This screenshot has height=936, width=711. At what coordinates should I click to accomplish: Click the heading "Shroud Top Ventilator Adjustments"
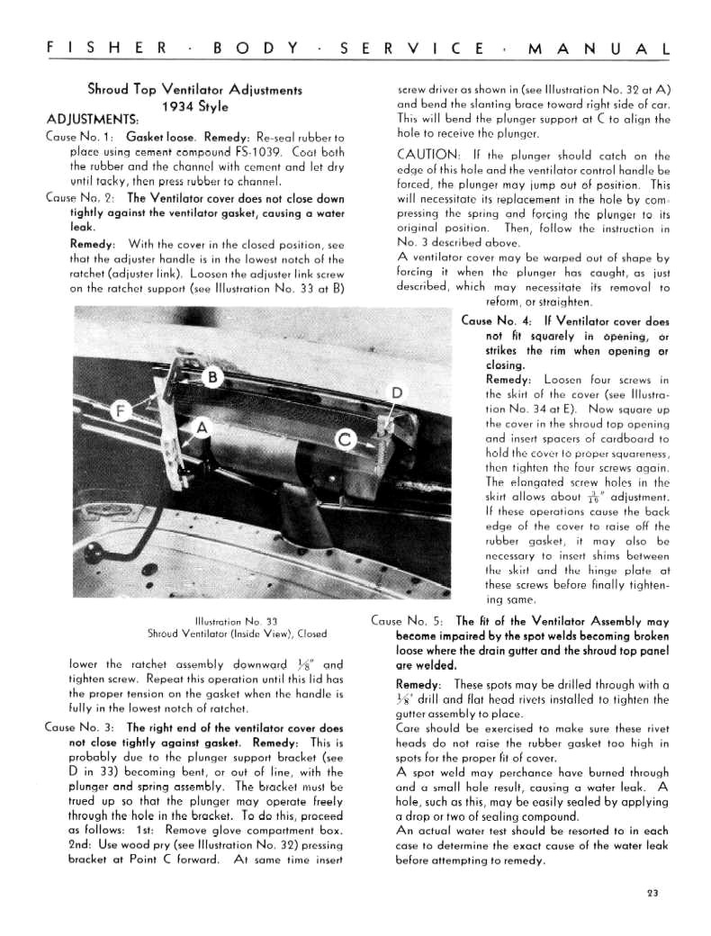(x=193, y=89)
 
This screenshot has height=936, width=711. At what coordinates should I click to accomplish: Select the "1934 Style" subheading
(x=193, y=106)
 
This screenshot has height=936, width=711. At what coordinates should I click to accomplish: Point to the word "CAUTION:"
(x=429, y=156)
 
